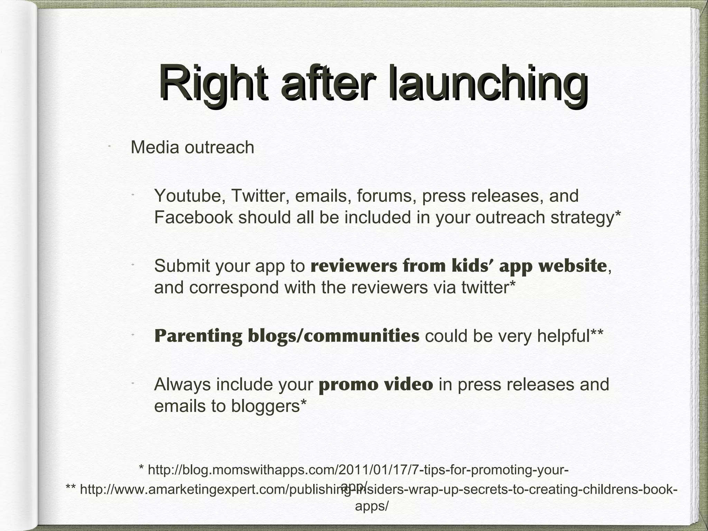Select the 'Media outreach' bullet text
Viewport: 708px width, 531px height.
click(192, 147)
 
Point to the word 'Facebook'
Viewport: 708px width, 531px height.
click(193, 217)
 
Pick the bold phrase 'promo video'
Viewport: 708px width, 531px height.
click(375, 384)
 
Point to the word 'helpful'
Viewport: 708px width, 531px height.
click(563, 336)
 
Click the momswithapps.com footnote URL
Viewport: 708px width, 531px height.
click(354, 470)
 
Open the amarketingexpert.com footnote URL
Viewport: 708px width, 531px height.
click(372, 490)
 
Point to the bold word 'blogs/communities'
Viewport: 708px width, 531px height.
click(333, 336)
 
